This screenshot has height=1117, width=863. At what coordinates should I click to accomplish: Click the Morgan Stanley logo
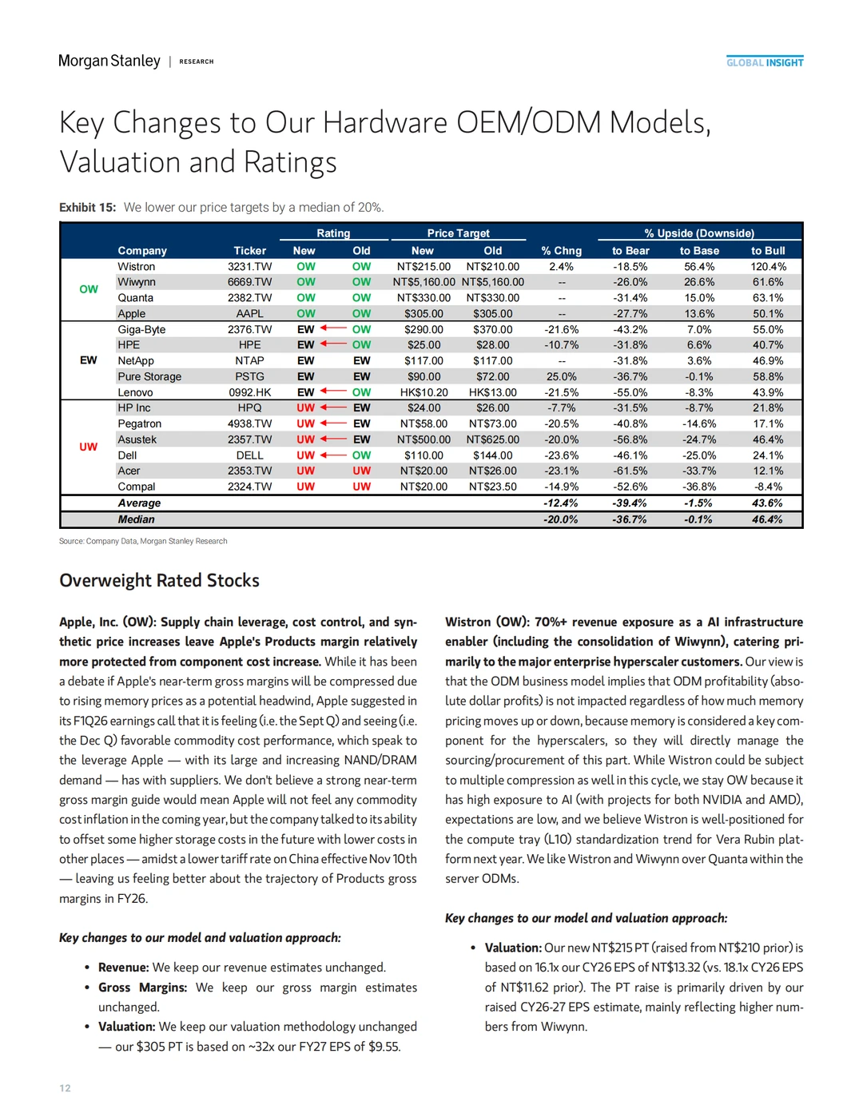tap(109, 62)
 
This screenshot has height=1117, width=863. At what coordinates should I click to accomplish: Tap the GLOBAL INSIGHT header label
tap(765, 62)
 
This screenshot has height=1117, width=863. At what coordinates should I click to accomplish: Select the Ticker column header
tap(249, 251)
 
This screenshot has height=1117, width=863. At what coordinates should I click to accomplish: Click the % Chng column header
tap(561, 251)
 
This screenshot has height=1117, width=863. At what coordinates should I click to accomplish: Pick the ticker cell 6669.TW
tap(249, 282)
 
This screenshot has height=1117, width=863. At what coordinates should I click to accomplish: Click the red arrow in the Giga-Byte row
tap(333, 328)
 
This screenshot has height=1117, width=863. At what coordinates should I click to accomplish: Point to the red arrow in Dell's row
tap(333, 455)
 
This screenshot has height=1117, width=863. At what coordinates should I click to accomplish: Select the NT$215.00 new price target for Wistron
tap(424, 267)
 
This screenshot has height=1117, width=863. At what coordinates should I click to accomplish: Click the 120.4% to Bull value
tap(768, 267)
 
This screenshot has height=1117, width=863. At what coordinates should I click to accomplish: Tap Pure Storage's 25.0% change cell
tap(561, 376)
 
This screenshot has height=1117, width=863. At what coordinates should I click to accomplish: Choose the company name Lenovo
tap(135, 392)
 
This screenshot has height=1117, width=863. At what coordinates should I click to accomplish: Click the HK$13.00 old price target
tap(492, 392)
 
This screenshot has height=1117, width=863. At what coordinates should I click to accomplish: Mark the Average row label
tap(139, 503)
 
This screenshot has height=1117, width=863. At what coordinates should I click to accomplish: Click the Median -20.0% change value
tap(560, 519)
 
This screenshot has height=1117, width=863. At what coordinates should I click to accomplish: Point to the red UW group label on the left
tap(88, 447)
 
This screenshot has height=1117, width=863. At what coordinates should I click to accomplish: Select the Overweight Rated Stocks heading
tap(159, 581)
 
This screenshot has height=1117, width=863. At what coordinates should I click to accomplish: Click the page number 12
tap(65, 1088)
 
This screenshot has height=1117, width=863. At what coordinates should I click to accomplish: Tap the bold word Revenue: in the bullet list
tap(123, 968)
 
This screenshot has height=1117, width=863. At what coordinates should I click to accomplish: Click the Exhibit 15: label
tap(87, 208)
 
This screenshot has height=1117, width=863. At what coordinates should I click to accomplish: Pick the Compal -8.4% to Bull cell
tap(768, 487)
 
